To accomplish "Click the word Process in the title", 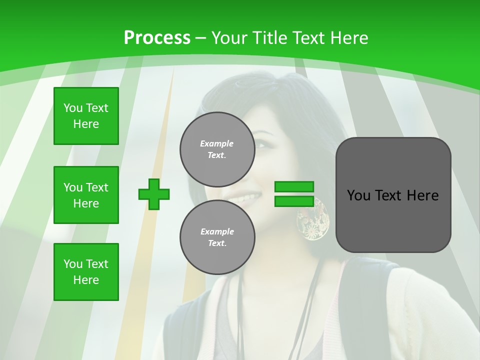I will [x=157, y=38].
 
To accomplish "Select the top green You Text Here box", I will [x=86, y=116].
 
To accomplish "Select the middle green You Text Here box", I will [x=86, y=195].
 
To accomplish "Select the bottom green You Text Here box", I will [x=86, y=272].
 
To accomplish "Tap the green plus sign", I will [x=154, y=194].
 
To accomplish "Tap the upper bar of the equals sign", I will [x=294, y=186].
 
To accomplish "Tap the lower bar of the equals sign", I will [x=294, y=201].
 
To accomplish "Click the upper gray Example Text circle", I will [x=217, y=149].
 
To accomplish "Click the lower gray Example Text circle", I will [x=217, y=237].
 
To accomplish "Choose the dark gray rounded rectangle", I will [x=393, y=195].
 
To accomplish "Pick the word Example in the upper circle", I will [x=217, y=143].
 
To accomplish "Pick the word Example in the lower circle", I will [x=217, y=231].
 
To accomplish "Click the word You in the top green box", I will [x=73, y=108].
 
